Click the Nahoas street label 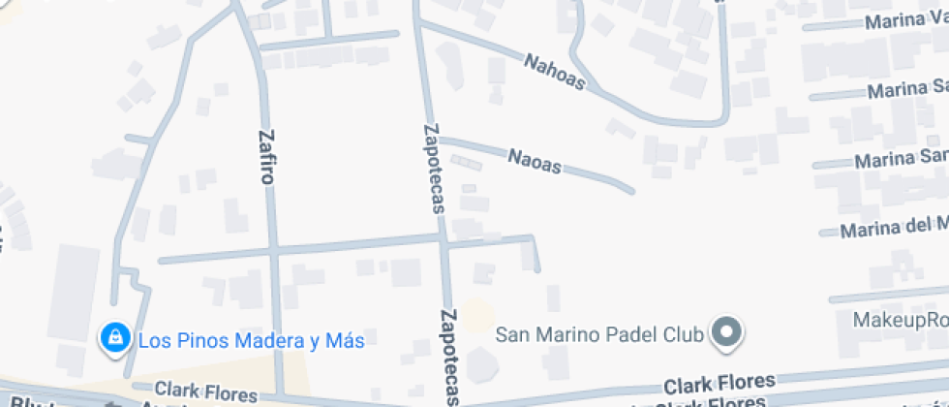[555, 73]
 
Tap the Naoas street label [535, 160]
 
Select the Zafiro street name [266, 157]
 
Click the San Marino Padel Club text [599, 335]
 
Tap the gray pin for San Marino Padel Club [725, 333]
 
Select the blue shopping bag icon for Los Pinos [115, 338]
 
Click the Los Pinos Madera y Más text [251, 341]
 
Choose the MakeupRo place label [901, 320]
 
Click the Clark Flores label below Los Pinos [207, 391]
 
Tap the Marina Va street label [906, 20]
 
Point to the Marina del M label [893, 229]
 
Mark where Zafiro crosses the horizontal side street [273, 251]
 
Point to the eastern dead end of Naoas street [631, 190]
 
